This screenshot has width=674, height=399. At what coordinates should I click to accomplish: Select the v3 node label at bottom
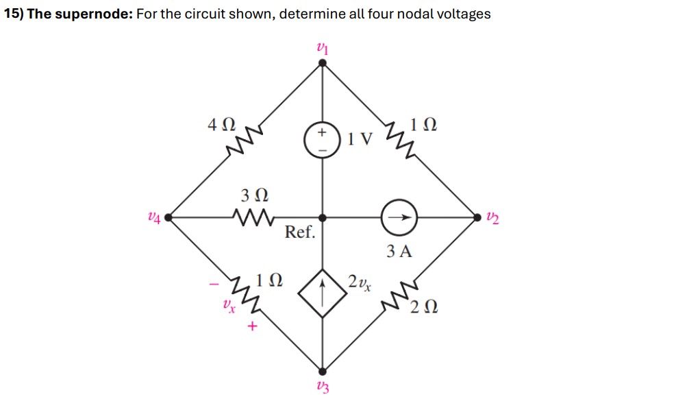(323, 387)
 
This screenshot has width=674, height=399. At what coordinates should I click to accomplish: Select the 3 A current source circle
(399, 217)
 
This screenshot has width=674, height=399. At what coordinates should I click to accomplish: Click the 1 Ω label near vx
(269, 280)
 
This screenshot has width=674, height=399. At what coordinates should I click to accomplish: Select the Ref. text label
(300, 232)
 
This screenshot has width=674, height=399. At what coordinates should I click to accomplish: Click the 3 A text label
(399, 252)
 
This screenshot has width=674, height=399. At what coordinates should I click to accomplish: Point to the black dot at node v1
(323, 63)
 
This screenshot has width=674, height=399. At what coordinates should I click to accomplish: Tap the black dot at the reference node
(323, 217)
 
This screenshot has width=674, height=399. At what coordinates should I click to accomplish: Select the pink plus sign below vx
(251, 328)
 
